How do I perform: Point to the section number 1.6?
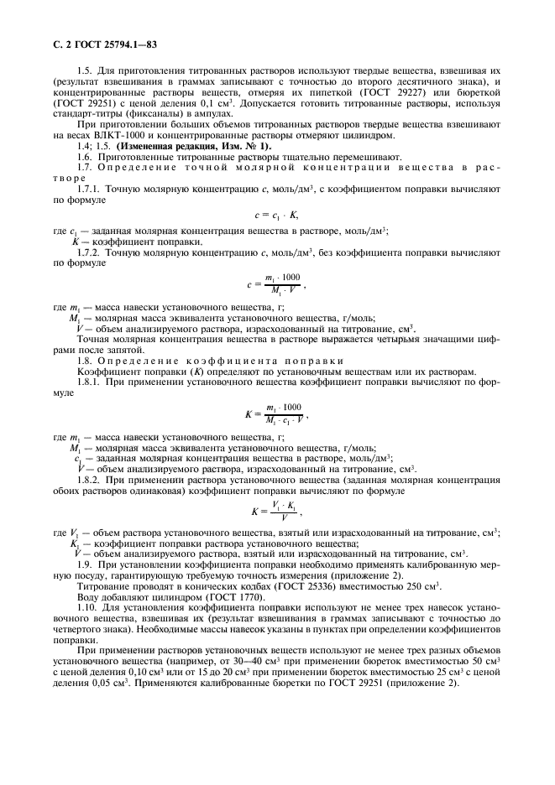pyautogui.click(x=85, y=157)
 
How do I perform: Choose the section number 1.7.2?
pyautogui.click(x=89, y=252)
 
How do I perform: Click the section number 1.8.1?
pyautogui.click(x=89, y=382)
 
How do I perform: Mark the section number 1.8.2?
pyautogui.click(x=89, y=481)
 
